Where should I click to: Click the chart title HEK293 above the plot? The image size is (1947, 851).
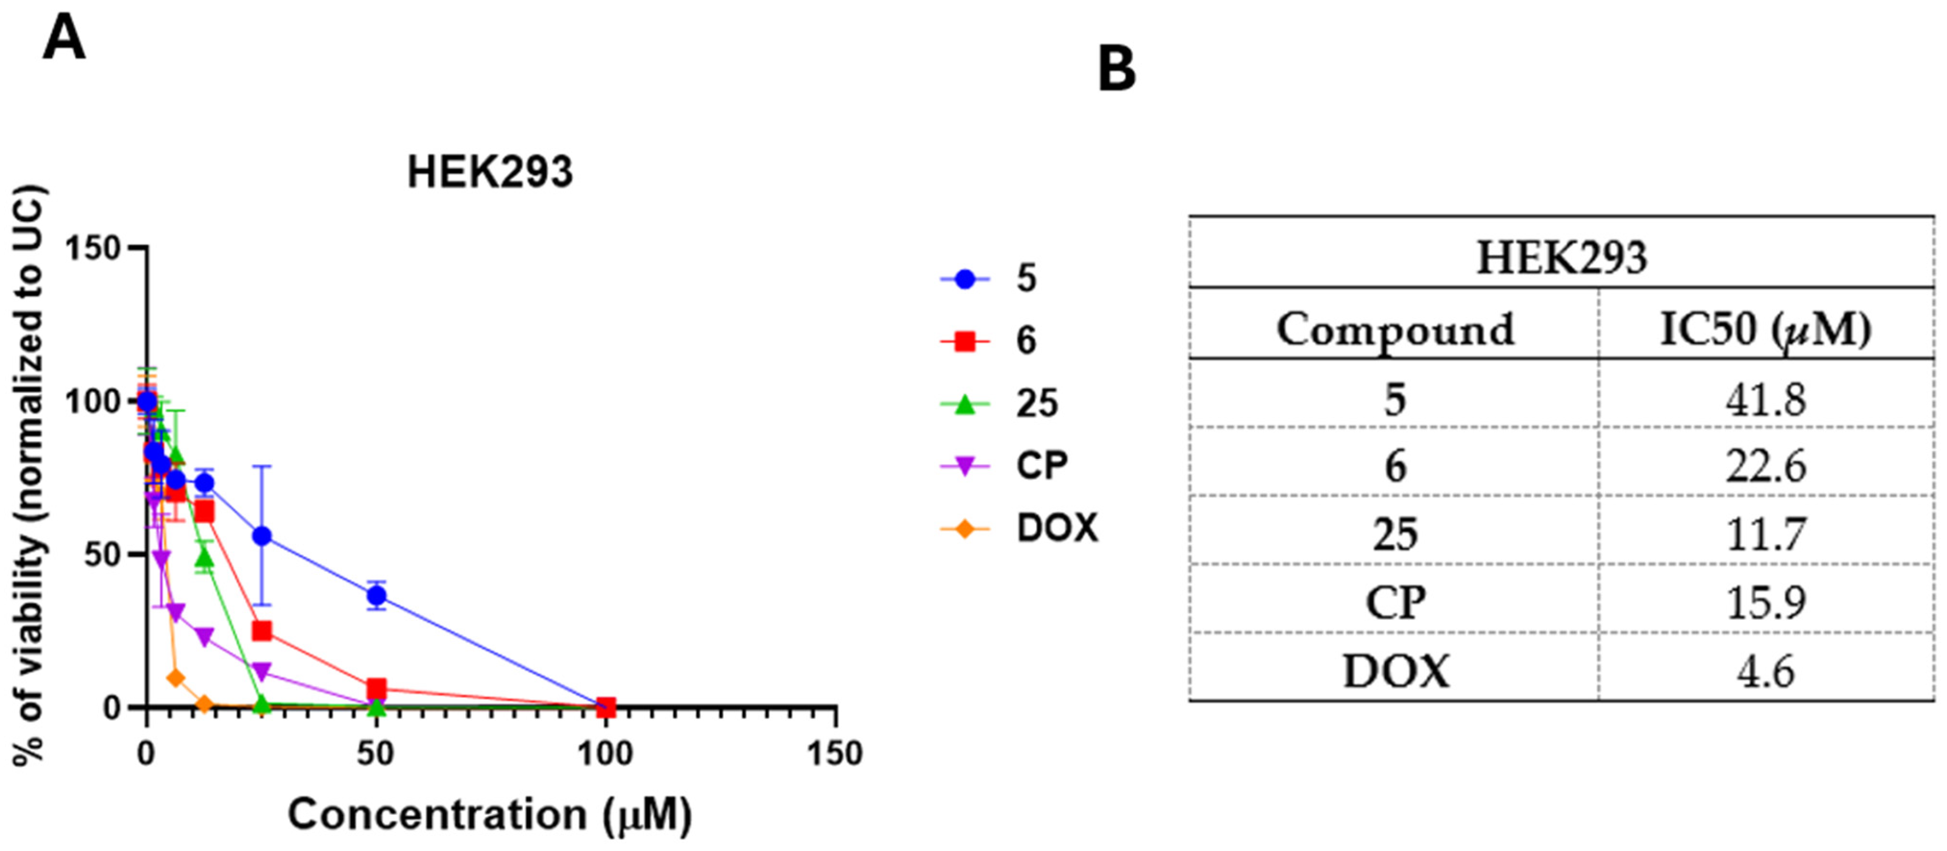490,173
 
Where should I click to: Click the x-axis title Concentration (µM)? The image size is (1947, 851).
489,815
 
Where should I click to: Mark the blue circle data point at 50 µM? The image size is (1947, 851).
376,596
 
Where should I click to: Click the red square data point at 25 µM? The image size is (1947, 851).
261,630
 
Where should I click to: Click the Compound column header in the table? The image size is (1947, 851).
1395,329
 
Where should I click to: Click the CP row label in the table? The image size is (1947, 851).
1395,603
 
